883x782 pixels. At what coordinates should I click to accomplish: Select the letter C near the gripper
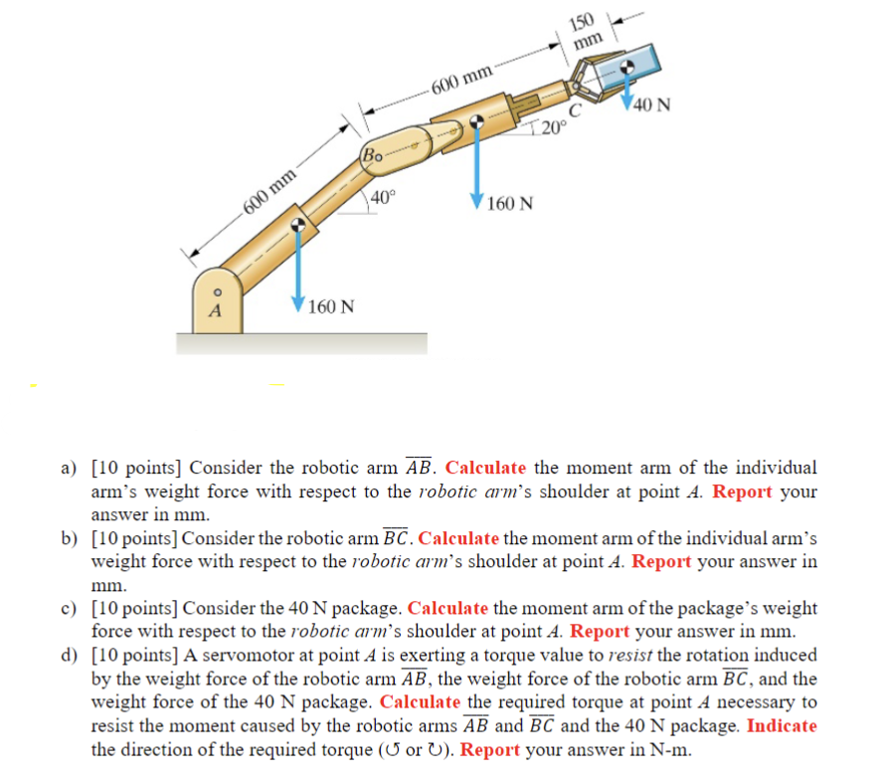[x=574, y=112]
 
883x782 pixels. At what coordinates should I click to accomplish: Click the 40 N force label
[x=651, y=104]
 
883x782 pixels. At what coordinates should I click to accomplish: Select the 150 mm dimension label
[x=585, y=32]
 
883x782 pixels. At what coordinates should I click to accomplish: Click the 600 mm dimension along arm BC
[x=461, y=77]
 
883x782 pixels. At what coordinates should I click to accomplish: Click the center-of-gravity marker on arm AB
[x=296, y=226]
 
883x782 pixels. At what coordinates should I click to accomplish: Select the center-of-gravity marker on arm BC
[x=477, y=120]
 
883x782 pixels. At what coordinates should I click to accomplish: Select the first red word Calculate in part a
[x=485, y=468]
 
